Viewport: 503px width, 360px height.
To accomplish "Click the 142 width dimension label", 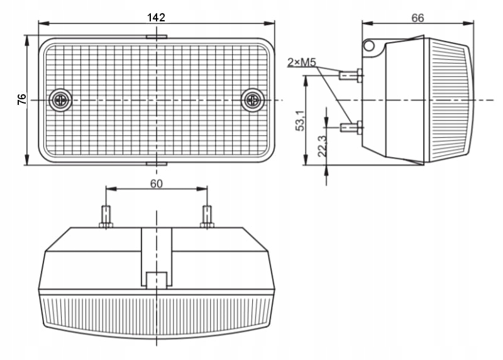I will tap(156, 17).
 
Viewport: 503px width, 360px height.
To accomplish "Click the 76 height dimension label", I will tap(21, 99).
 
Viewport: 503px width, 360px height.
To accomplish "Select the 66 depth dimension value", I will tap(417, 18).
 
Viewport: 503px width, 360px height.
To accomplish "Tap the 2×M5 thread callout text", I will tap(301, 62).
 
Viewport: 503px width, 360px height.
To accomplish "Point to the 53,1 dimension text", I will tap(300, 119).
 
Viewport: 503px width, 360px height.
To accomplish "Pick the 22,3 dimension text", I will tap(322, 146).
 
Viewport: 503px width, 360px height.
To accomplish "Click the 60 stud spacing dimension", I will tap(156, 183).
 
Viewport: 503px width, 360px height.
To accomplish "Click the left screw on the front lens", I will tap(61, 99).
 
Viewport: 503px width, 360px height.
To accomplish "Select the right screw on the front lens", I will tap(253, 99).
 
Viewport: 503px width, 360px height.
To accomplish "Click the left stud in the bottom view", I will tap(106, 217).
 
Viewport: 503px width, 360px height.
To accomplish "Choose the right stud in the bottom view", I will tap(207, 217).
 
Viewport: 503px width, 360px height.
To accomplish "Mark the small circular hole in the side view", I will tap(368, 45).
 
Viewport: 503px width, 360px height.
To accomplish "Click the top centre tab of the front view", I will tap(156, 37).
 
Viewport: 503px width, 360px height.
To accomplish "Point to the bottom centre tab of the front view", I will tap(156, 163).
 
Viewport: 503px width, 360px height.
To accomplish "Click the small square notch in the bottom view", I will tap(156, 280).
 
